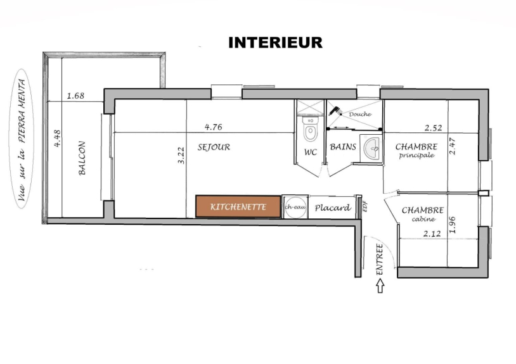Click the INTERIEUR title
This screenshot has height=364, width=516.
pyautogui.click(x=276, y=42)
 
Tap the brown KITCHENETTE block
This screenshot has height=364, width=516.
pyautogui.click(x=238, y=206)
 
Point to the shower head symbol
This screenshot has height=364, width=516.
pyautogui.click(x=335, y=111)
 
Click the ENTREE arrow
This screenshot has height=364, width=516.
pyautogui.click(x=380, y=286)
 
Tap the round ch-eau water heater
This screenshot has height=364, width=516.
pyautogui.click(x=295, y=207)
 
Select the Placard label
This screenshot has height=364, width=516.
pyautogui.click(x=332, y=208)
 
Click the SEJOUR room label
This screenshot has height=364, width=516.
pyautogui.click(x=214, y=147)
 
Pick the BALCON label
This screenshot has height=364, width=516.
pyautogui.click(x=82, y=158)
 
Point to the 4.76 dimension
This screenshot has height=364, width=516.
pyautogui.click(x=213, y=127)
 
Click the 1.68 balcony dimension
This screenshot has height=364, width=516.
pyautogui.click(x=75, y=96)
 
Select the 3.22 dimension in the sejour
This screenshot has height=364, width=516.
pyautogui.click(x=181, y=155)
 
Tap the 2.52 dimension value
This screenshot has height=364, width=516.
pyautogui.click(x=433, y=128)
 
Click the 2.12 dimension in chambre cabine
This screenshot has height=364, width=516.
pyautogui.click(x=432, y=234)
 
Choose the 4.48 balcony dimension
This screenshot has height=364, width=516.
pyautogui.click(x=57, y=138)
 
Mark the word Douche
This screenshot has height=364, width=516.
pyautogui.click(x=360, y=114)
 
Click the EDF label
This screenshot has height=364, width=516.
pyautogui.click(x=364, y=206)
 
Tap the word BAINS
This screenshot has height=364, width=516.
pyautogui.click(x=343, y=147)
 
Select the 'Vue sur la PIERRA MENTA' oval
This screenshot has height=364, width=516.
pyautogui.click(x=22, y=139)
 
